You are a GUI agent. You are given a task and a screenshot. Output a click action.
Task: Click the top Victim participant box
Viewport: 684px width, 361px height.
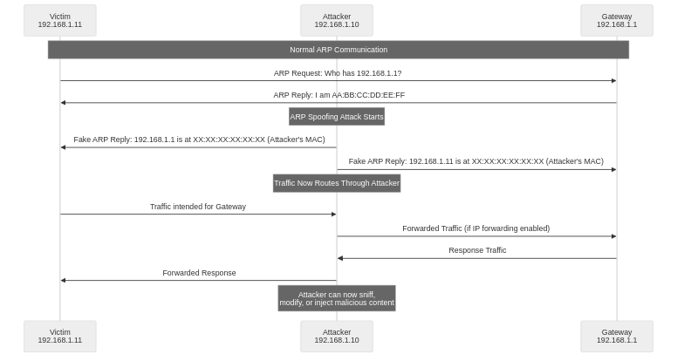(60, 20)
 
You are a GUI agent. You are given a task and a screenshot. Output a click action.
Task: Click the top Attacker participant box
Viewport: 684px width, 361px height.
(337, 20)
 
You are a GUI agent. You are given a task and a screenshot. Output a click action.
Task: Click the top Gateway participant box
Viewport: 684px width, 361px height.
(617, 20)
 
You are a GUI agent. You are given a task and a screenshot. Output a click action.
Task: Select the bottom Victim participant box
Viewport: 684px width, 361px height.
(60, 336)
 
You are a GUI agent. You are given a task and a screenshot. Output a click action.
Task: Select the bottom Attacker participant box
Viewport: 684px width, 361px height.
(337, 336)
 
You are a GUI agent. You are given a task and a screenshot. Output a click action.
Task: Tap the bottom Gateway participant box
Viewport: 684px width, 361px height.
(617, 336)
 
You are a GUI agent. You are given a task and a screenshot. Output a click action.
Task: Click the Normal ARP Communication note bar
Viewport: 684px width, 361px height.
(339, 50)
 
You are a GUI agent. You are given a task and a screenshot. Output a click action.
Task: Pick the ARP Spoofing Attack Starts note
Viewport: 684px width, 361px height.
(337, 116)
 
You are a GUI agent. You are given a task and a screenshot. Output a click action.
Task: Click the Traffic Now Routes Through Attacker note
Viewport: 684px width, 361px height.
(337, 182)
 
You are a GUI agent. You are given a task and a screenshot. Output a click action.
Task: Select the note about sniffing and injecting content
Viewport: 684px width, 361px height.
(337, 298)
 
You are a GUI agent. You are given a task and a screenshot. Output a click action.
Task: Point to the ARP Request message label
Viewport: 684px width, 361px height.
(338, 73)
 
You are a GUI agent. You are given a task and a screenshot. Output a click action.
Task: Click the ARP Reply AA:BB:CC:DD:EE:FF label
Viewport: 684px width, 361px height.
(339, 95)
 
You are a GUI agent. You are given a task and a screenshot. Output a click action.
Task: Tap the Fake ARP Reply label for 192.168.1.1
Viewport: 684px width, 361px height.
(198, 140)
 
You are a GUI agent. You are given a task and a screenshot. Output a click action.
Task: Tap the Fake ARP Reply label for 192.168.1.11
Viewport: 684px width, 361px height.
(476, 161)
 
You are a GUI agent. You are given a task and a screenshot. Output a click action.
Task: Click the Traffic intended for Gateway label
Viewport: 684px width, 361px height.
(198, 207)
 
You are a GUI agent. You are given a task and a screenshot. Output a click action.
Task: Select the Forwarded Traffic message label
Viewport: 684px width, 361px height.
(476, 228)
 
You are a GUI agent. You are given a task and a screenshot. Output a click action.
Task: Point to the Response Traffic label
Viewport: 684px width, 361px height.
(477, 250)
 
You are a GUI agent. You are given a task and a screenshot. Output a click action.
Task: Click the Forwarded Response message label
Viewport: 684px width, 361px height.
(199, 273)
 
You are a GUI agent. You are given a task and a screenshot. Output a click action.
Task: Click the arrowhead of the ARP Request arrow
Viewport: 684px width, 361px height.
(613, 81)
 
